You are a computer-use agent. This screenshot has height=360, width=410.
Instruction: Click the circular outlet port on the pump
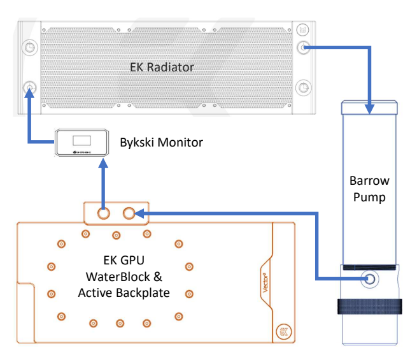tap(370, 278)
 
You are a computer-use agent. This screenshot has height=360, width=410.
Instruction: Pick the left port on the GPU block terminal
tap(103, 213)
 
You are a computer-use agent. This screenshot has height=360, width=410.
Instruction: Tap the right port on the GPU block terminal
tap(129, 213)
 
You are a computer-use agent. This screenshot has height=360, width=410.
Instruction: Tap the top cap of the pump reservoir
tap(370, 106)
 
